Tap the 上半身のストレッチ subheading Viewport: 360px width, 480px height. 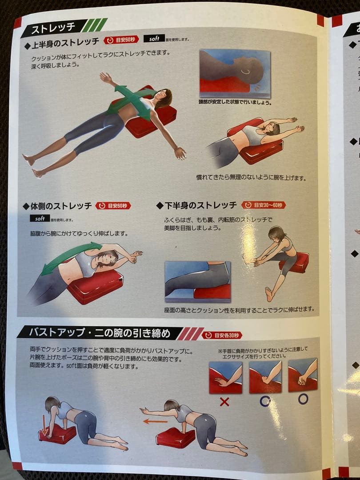tap(65, 42)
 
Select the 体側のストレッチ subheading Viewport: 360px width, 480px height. tap(60, 206)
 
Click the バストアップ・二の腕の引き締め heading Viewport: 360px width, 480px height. tap(105, 332)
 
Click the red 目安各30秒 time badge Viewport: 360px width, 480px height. tap(222, 335)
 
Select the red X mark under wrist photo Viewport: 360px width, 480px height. tap(224, 402)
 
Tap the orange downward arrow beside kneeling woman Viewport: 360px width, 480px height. tap(44, 425)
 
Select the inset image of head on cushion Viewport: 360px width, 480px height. tap(234, 73)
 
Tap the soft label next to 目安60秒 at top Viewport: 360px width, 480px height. tap(157, 39)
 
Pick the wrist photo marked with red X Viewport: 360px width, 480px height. tap(225, 377)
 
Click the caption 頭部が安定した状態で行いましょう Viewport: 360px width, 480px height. tap(235, 102)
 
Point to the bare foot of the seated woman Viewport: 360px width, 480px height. tap(268, 294)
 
